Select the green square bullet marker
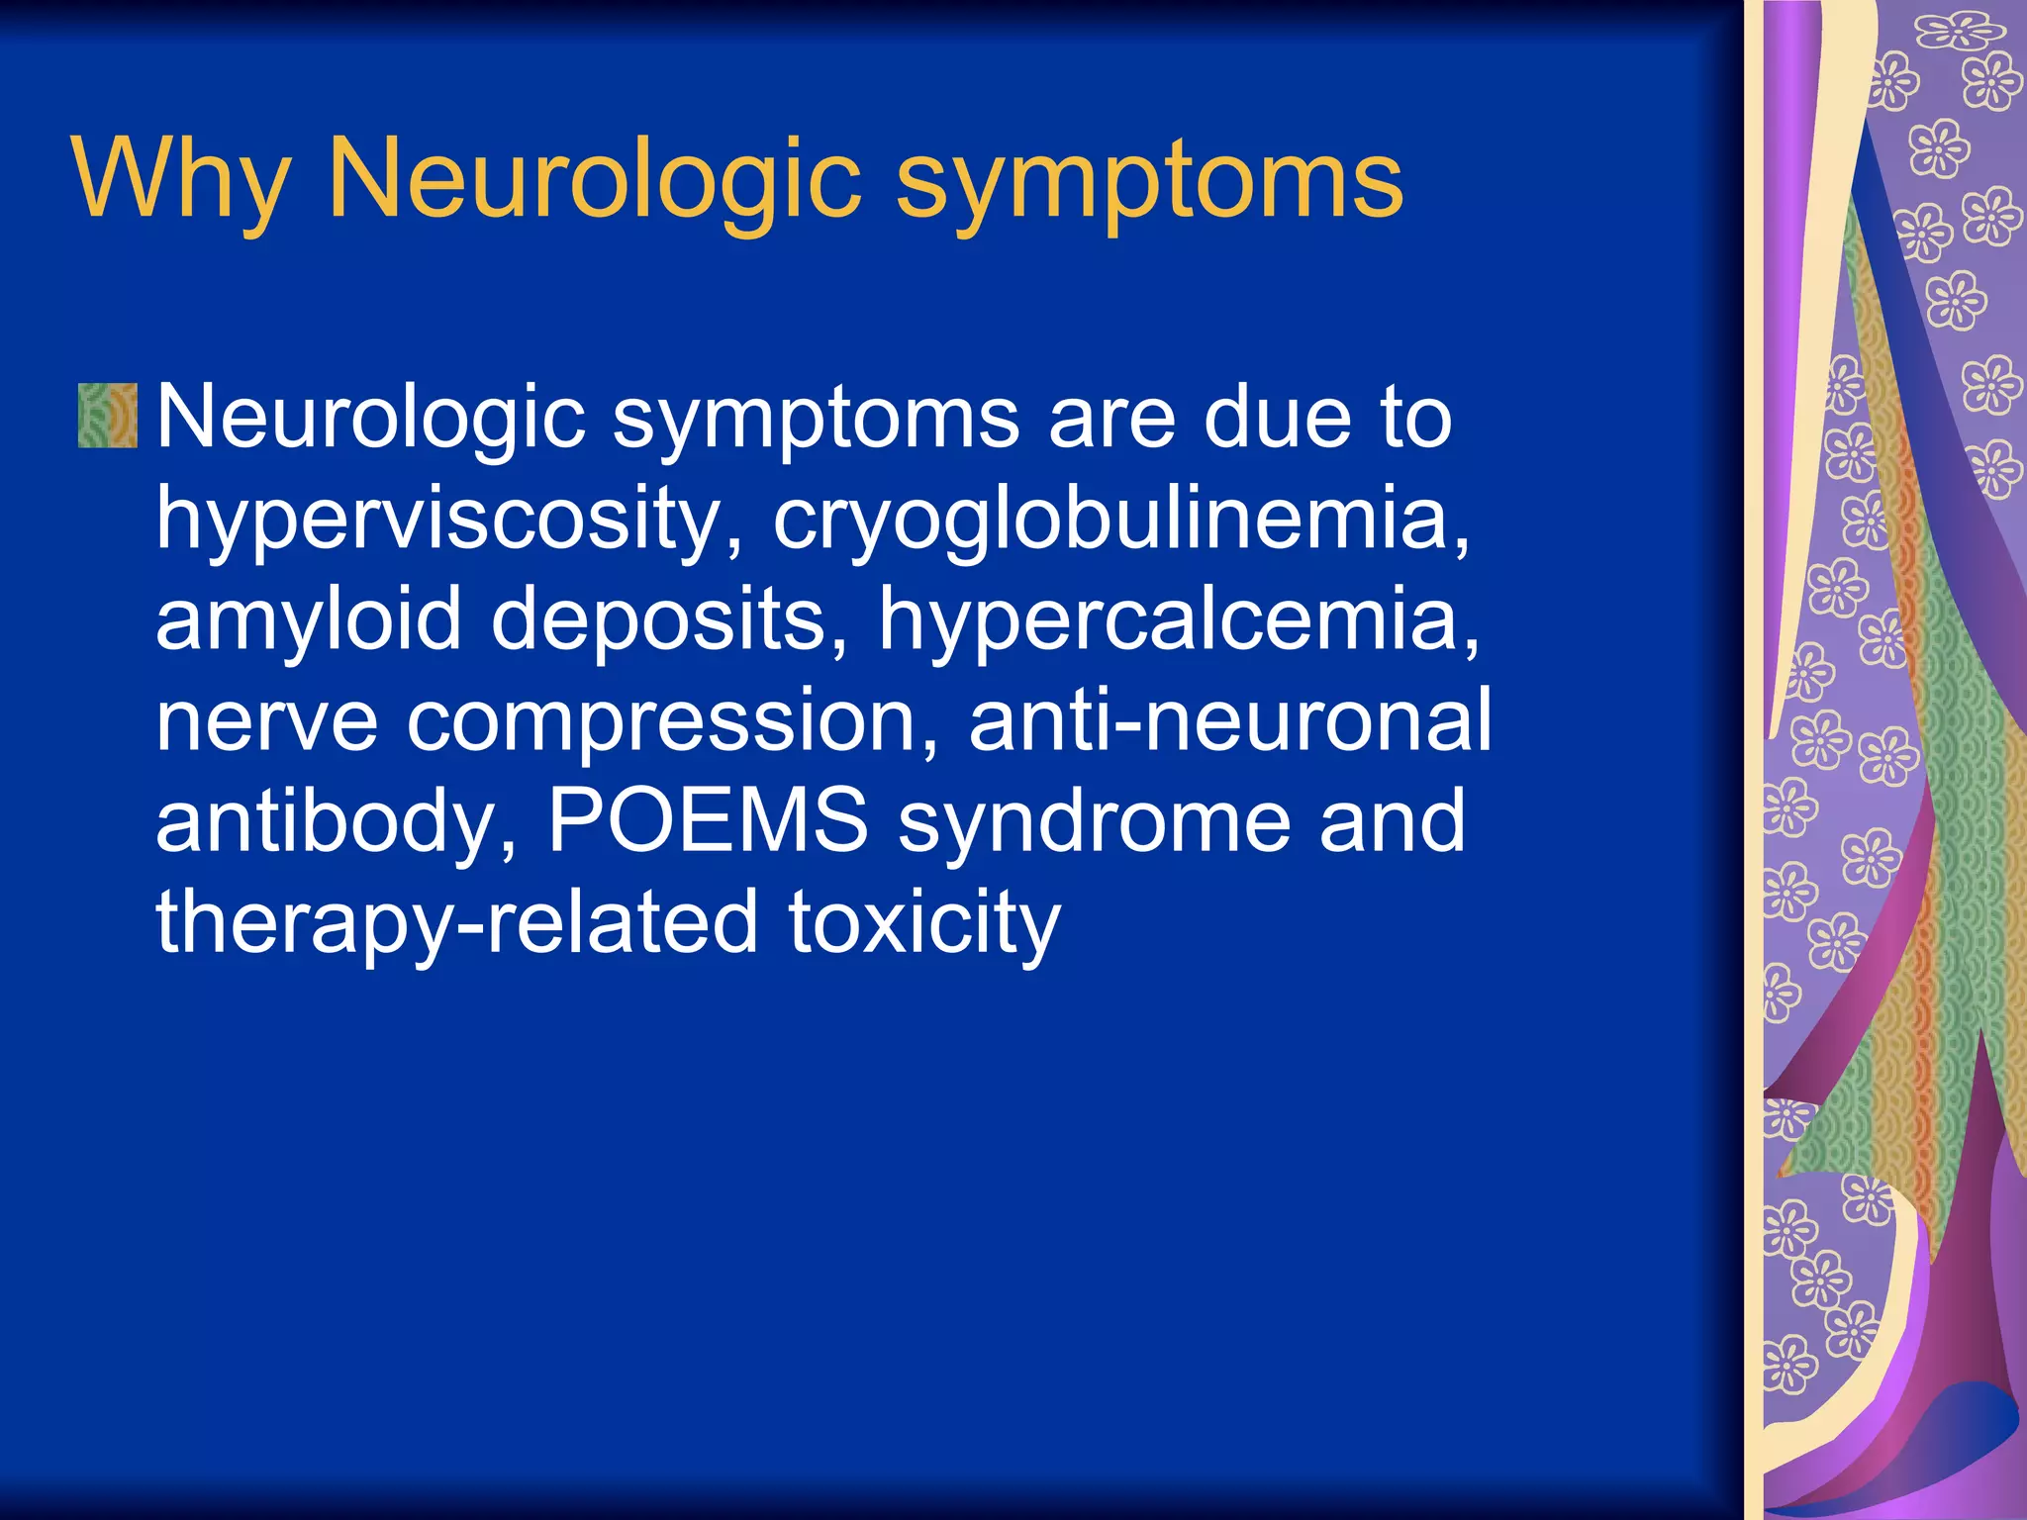click(x=108, y=416)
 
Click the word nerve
click(x=266, y=720)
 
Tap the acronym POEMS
click(x=708, y=820)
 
